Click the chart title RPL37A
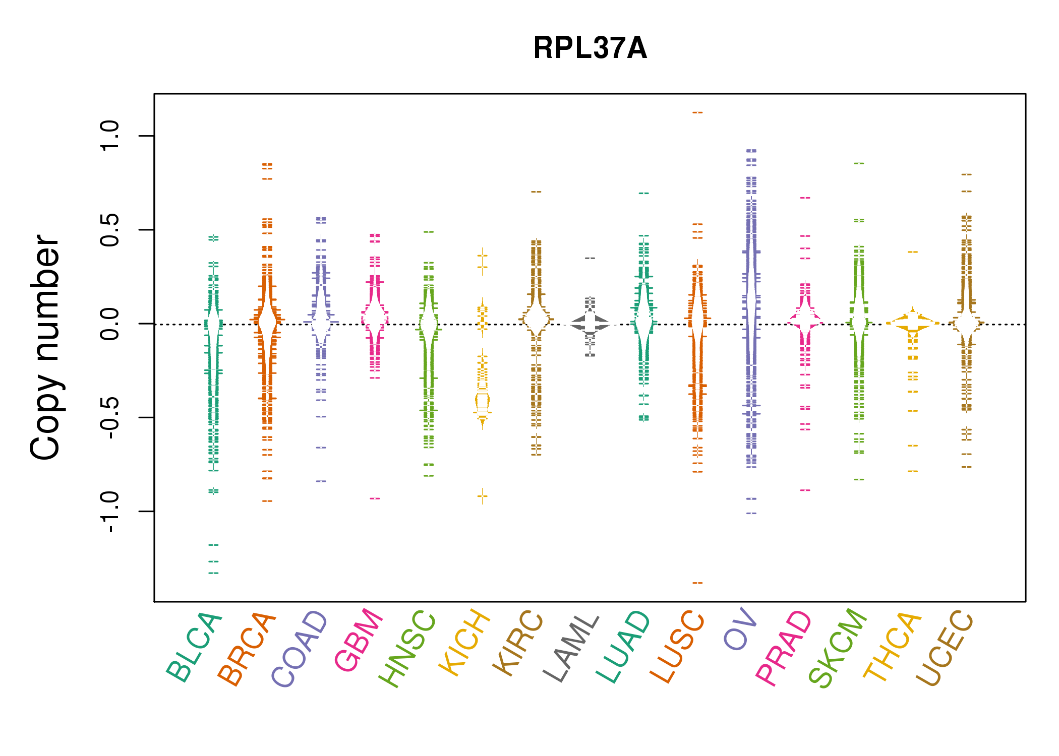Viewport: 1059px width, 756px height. [x=590, y=48]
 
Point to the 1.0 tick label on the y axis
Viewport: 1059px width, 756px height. [x=109, y=136]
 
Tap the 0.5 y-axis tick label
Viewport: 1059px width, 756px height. [x=109, y=230]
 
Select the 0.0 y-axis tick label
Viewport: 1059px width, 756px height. [x=109, y=324]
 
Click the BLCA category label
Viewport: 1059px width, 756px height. [x=194, y=647]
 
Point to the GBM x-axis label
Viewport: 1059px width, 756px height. [x=359, y=640]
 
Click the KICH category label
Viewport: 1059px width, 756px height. [x=464, y=642]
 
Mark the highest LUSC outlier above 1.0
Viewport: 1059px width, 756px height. [x=697, y=112]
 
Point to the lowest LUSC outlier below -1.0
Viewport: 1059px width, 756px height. [x=697, y=583]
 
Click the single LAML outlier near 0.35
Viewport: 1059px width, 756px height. [x=590, y=258]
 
